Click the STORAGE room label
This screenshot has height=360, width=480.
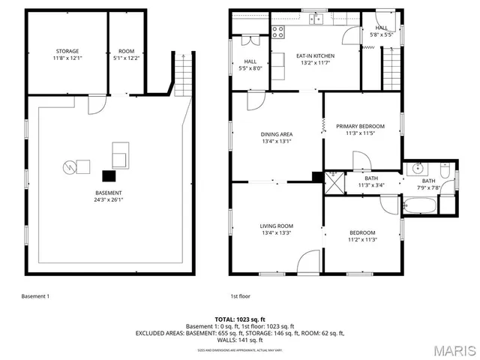pos(67,54)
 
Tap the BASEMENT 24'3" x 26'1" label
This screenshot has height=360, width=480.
pos(109,196)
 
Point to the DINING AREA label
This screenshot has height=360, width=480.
pos(277,137)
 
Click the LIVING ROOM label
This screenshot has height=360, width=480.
pos(277,229)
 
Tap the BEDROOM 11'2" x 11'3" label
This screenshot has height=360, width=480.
pos(362,236)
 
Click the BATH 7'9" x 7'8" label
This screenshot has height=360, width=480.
pos(427,184)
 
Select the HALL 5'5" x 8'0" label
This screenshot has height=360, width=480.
pos(250,65)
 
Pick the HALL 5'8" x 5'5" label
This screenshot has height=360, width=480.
pos(382,31)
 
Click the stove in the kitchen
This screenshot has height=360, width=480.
pos(278,31)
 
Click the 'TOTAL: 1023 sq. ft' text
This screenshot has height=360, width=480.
pos(239,319)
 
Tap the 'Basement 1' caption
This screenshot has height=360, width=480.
pos(35,296)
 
